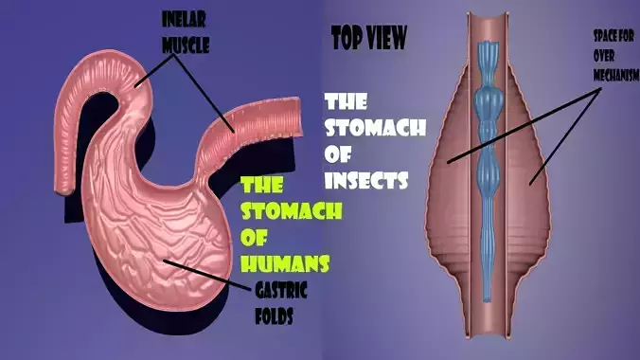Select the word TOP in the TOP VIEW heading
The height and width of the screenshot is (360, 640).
pyautogui.click(x=347, y=38)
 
